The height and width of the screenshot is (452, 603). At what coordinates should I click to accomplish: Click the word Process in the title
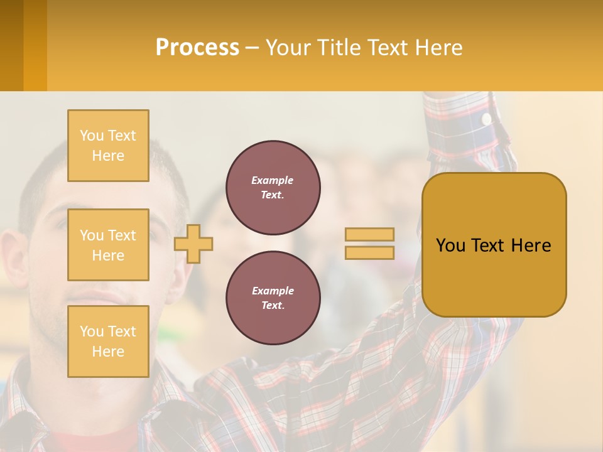[x=197, y=47]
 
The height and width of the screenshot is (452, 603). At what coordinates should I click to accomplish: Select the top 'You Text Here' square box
[x=108, y=146]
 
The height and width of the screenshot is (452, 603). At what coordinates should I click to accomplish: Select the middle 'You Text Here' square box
[x=108, y=245]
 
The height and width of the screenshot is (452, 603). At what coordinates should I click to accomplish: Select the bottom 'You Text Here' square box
[x=108, y=342]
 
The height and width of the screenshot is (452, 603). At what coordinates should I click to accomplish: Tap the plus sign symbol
[x=193, y=244]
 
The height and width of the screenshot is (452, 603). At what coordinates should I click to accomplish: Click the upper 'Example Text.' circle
[x=273, y=187]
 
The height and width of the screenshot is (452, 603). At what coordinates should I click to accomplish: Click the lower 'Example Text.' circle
[x=273, y=298]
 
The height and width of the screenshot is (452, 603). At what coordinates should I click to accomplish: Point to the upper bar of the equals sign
[x=369, y=234]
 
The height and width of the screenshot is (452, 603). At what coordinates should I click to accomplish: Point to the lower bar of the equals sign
[x=369, y=252]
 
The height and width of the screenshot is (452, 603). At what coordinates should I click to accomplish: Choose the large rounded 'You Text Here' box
[x=494, y=245]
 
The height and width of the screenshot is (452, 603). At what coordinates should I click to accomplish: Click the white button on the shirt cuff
[x=486, y=118]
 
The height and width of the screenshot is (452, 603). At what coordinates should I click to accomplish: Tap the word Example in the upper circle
[x=273, y=180]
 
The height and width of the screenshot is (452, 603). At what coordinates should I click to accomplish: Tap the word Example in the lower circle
[x=273, y=291]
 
